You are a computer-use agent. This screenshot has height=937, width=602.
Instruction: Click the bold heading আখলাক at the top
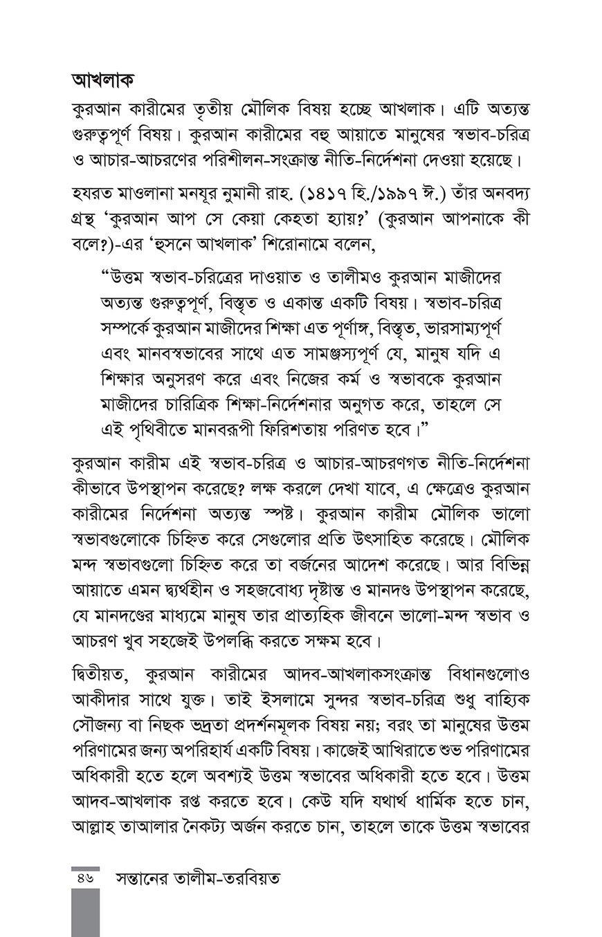[x=102, y=80]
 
